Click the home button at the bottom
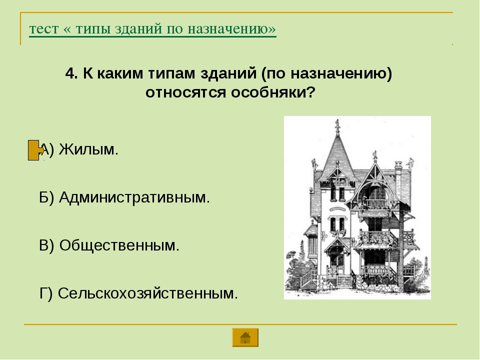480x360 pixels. click(x=245, y=337)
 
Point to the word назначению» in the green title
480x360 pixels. click(x=232, y=29)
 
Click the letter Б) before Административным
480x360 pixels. click(x=46, y=197)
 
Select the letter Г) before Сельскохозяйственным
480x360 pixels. click(x=46, y=293)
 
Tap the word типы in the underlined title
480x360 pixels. click(x=93, y=29)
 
